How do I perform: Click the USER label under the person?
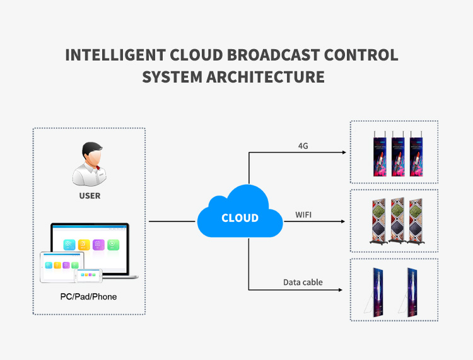(x=89, y=195)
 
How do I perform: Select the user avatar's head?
(x=90, y=154)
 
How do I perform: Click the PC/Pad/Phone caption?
(x=89, y=296)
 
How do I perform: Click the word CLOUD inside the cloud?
(x=240, y=218)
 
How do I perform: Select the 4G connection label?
(x=303, y=146)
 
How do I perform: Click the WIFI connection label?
(x=304, y=215)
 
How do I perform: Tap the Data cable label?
(x=303, y=282)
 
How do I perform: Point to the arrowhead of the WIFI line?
(x=344, y=222)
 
